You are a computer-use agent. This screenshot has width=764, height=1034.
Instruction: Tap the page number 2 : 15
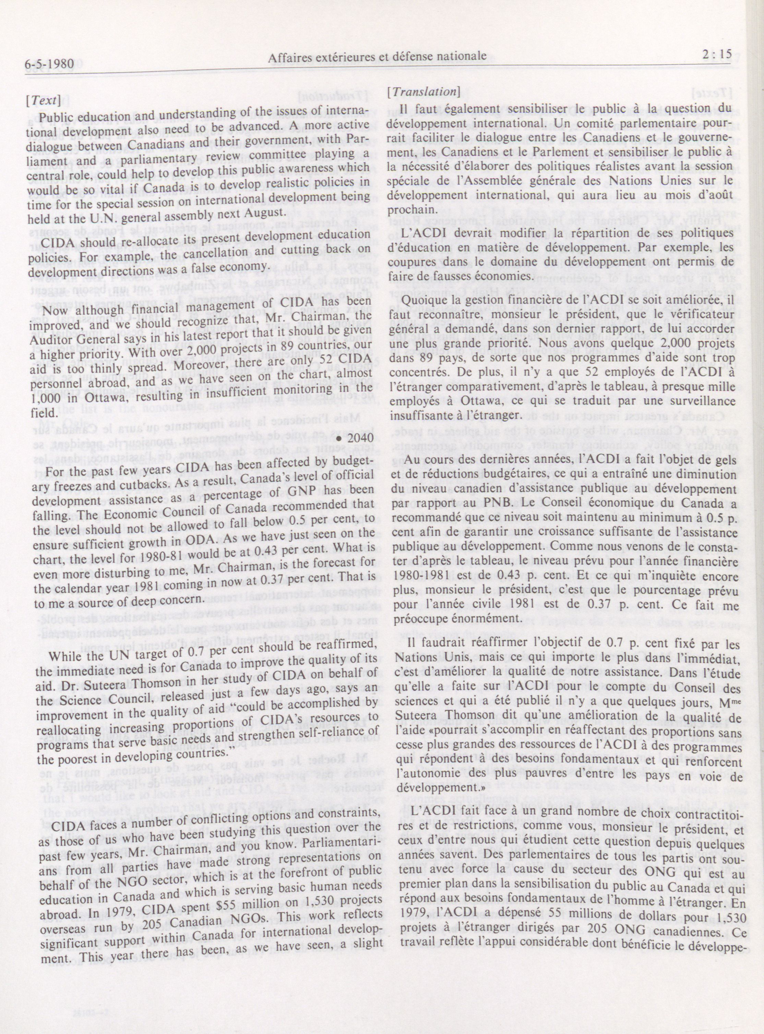[715, 55]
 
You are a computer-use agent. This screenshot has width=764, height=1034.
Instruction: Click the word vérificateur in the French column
[694, 316]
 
